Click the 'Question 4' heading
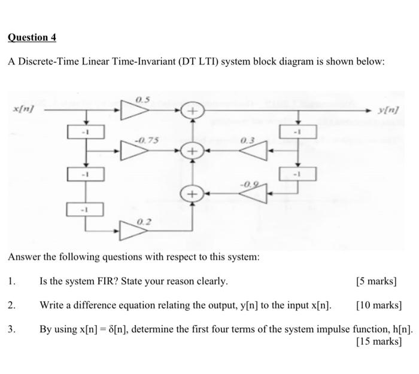click(x=32, y=37)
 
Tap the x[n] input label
click(x=23, y=109)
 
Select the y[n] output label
click(x=388, y=111)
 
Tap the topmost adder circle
click(x=192, y=111)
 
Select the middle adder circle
click(x=192, y=152)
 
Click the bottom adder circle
click(x=192, y=194)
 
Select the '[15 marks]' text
click(x=378, y=342)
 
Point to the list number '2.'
click(x=13, y=305)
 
